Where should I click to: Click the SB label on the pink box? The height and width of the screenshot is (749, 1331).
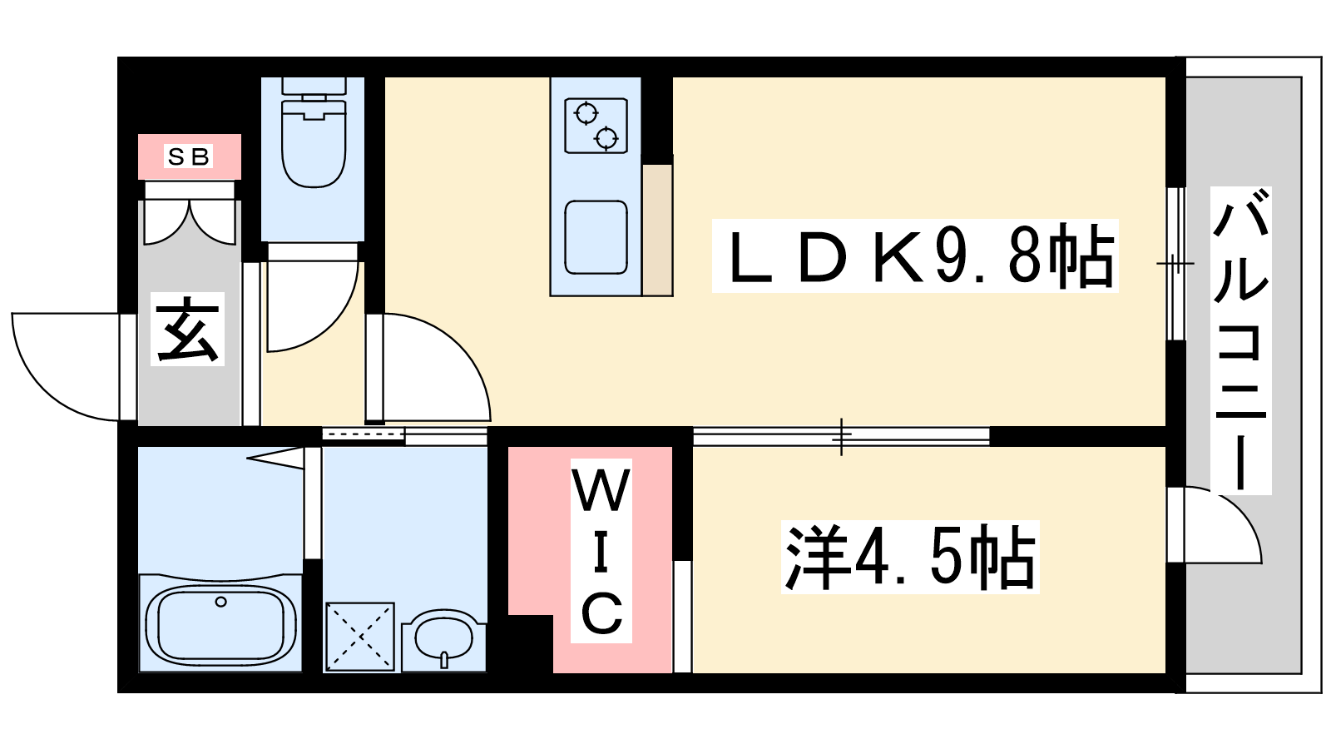pos(189,156)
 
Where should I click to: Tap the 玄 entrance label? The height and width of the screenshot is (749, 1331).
pos(188,329)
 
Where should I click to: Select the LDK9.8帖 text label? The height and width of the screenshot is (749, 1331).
pos(915,255)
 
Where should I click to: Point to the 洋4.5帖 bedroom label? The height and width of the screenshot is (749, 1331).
pos(910,557)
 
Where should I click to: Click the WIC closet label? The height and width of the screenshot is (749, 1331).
pos(601,550)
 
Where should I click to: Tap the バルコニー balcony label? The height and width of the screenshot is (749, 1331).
pos(1240,340)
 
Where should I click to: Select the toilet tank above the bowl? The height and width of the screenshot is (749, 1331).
pos(314,86)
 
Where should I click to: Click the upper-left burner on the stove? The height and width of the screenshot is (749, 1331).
pos(587,113)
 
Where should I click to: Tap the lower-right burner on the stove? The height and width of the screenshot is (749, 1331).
pos(606,138)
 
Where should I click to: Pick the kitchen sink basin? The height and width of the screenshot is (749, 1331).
pos(596,237)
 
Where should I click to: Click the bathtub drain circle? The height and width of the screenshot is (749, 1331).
pos(220,603)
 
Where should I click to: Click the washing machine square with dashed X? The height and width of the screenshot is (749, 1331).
pos(359,637)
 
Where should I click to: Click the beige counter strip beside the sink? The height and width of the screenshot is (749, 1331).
pos(657,230)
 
